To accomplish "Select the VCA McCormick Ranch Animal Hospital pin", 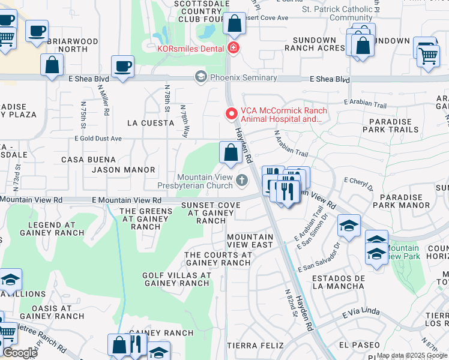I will pos(231,113).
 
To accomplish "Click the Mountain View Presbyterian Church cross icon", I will pos(241,180).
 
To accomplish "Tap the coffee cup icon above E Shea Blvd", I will pos(123,67).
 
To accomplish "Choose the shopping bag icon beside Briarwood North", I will pos(52,65).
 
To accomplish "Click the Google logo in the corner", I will pos(20,353).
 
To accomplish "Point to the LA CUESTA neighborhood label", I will pos(150,122).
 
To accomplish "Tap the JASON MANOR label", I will pos(123,170).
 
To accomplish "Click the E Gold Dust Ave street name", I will pos(98,139).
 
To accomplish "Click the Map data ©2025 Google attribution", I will pos(412,355).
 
